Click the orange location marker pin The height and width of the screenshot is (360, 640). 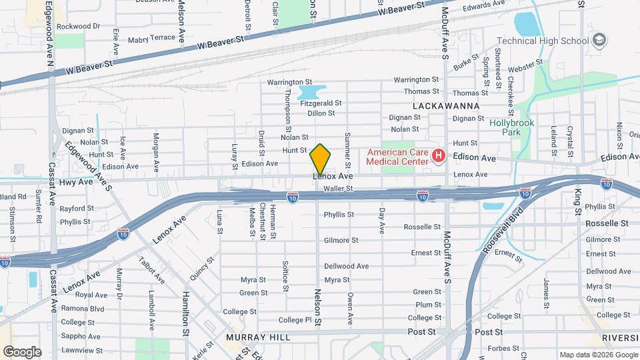click(321, 159)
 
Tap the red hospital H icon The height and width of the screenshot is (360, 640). click(439, 157)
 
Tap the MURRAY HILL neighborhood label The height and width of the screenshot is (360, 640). click(257, 337)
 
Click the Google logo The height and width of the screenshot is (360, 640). click(22, 352)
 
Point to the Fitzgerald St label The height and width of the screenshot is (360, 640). click(321, 103)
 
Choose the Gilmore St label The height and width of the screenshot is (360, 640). click(341, 240)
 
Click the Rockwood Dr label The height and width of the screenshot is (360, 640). click(77, 26)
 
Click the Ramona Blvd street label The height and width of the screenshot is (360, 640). click(83, 309)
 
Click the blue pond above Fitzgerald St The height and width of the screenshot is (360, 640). click(309, 91)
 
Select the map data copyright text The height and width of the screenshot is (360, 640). click(597, 355)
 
